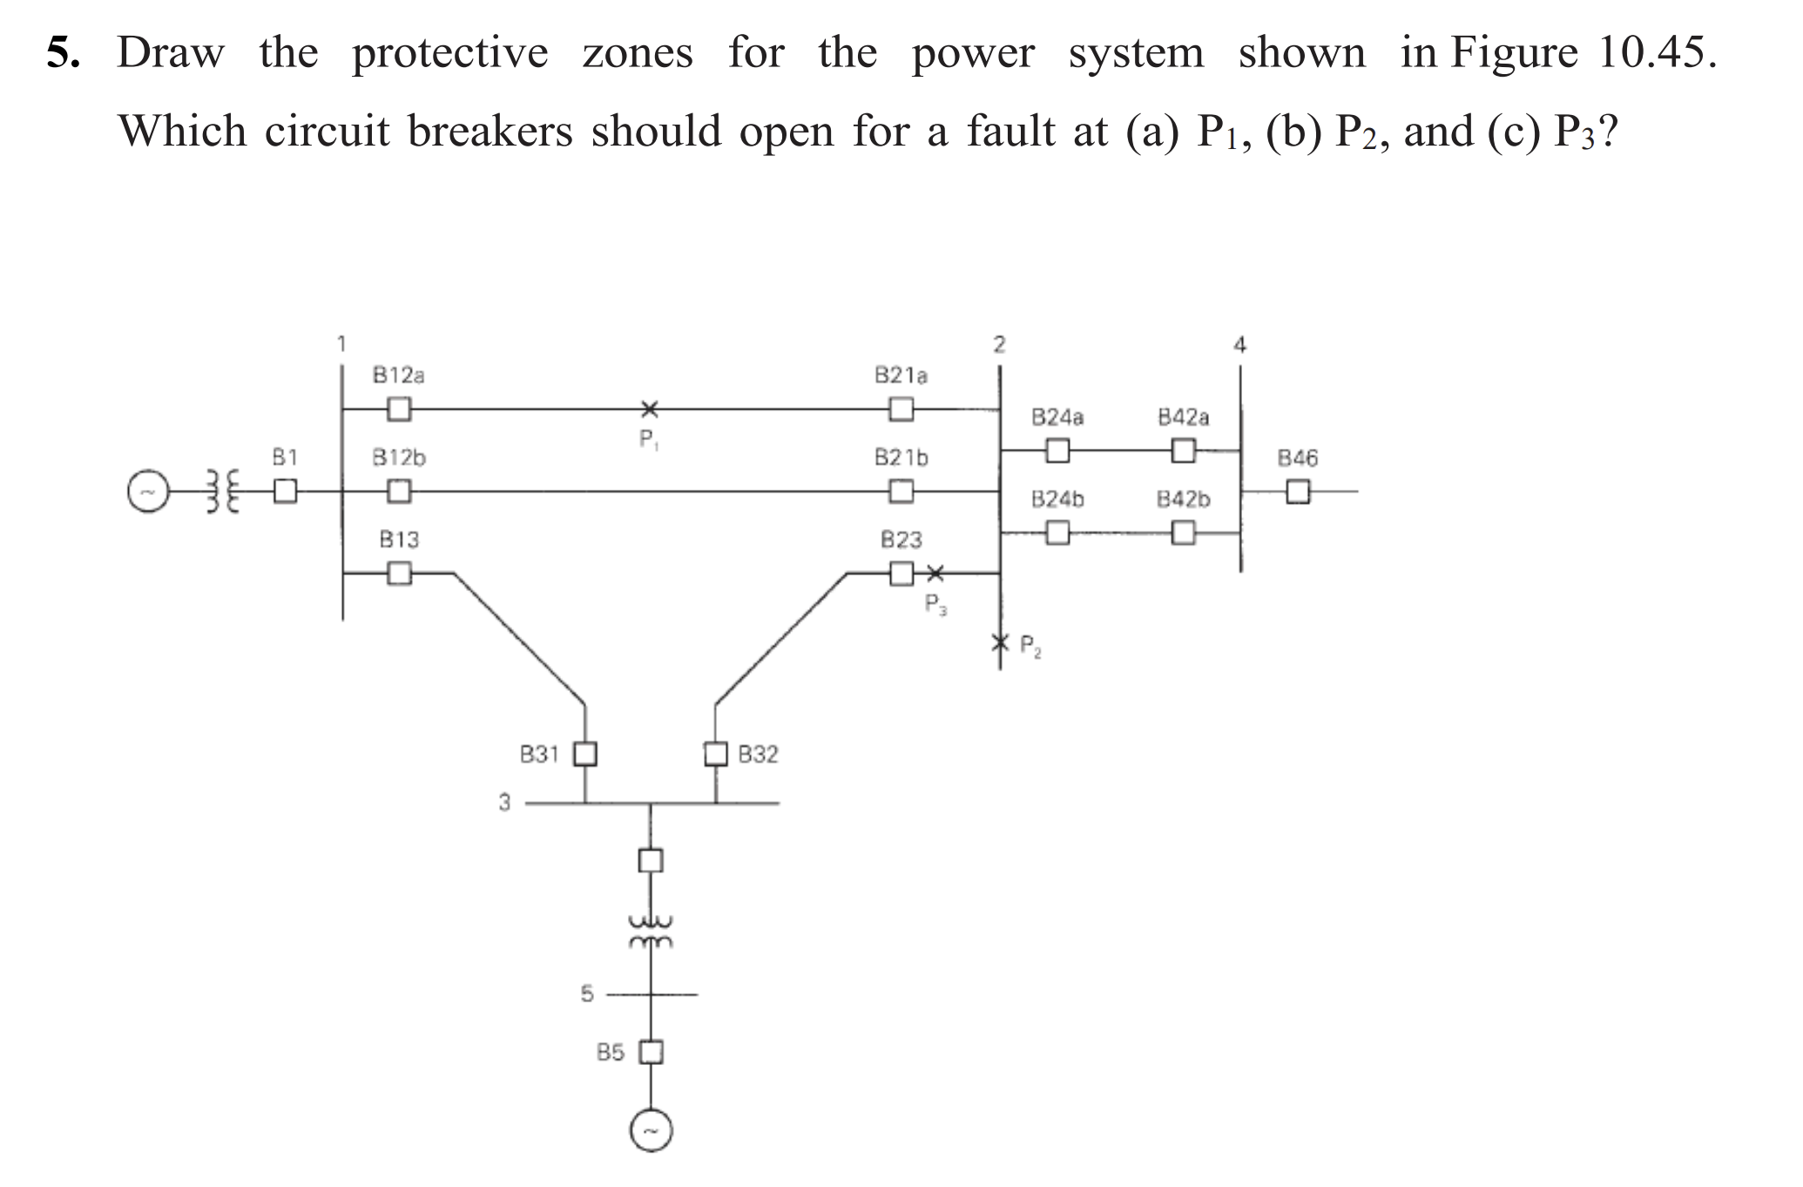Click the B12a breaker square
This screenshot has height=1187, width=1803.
[399, 409]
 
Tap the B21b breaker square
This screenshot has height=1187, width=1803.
[901, 492]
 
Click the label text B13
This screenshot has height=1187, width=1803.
[399, 539]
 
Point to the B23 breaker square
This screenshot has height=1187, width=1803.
[901, 573]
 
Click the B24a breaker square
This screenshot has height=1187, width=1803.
[1057, 451]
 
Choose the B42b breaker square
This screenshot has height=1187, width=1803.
[1183, 532]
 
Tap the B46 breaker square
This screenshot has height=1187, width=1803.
[1298, 492]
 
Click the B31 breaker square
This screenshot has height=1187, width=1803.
[584, 753]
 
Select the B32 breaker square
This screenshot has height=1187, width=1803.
[716, 753]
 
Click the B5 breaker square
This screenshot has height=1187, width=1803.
[652, 1053]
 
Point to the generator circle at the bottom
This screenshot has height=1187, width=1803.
[652, 1130]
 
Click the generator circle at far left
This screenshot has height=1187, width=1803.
[147, 492]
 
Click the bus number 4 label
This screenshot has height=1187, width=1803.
[1240, 345]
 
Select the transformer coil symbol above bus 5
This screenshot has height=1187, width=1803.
[651, 931]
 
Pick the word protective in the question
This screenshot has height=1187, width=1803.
[449, 53]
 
